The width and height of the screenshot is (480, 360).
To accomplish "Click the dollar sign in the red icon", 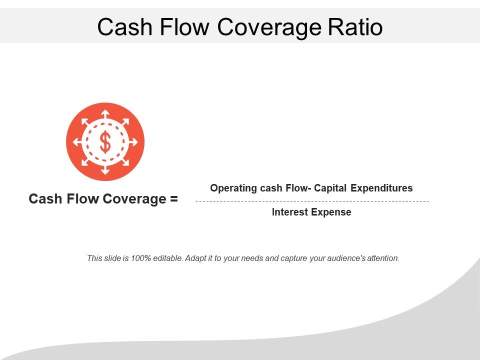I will point(105,142).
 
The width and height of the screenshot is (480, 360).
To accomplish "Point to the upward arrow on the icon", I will point(105,113).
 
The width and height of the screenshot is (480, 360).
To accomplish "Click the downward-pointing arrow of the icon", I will point(105,170).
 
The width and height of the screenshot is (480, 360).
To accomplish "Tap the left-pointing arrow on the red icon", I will point(76,142).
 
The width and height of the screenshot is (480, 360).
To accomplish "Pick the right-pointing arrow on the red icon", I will point(133,142).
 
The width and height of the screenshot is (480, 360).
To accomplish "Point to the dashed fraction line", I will point(312,201).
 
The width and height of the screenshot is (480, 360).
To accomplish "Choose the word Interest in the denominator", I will point(290,212).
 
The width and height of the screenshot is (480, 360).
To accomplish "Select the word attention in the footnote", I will point(382,258).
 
